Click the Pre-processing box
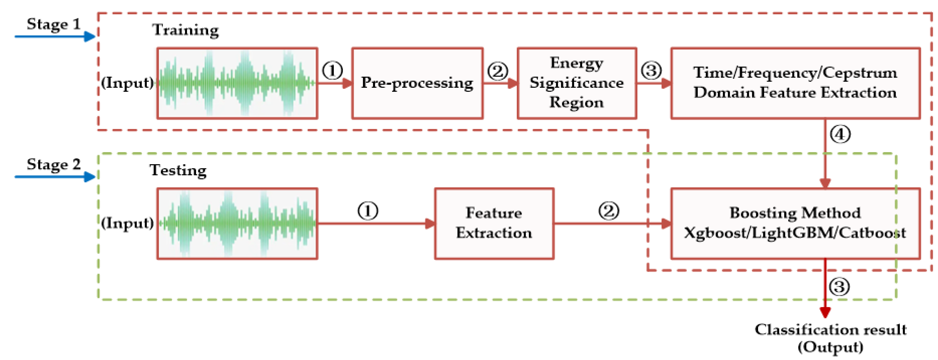click(417, 83)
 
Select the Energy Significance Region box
click(576, 83)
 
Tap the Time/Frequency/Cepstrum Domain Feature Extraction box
click(795, 83)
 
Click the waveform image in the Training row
click(237, 83)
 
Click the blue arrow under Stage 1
click(55, 36)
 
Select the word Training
click(185, 30)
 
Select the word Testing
click(178, 170)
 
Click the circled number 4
click(840, 134)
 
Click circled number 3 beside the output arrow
click(839, 287)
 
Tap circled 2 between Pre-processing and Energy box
click(497, 71)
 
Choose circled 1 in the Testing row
click(368, 211)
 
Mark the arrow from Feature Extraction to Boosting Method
click(612, 223)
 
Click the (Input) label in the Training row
click(127, 83)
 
